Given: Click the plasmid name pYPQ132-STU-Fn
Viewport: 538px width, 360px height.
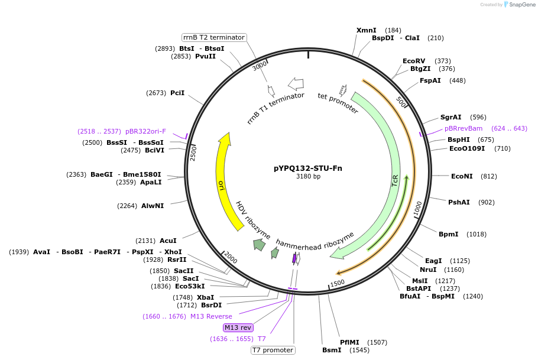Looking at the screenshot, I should click(x=307, y=168).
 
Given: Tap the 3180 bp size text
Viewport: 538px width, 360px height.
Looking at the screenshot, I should click(x=308, y=177).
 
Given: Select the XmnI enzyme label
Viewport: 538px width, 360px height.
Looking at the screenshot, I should click(x=366, y=30).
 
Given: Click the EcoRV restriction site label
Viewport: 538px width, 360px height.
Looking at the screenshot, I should click(x=414, y=61).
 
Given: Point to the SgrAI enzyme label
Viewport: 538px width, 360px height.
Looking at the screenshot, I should click(x=451, y=117).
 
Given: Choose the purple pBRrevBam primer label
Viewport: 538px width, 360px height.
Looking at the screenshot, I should click(x=464, y=128).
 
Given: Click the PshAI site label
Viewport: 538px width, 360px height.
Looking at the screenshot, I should click(x=459, y=202).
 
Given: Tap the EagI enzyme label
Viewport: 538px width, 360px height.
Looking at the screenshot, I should click(x=433, y=261).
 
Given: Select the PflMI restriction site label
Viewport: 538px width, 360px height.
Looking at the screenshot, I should click(x=349, y=342).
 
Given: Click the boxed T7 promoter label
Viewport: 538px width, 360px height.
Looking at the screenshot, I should click(x=273, y=350).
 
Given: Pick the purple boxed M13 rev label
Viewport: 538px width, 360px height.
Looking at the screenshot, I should click(x=238, y=327).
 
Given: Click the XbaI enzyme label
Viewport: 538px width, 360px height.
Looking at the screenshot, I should click(x=205, y=297).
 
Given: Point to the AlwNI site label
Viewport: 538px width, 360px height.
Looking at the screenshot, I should click(x=153, y=206).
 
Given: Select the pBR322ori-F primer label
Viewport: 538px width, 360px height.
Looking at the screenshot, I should click(x=145, y=131).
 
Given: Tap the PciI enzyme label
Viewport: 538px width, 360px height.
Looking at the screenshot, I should click(x=177, y=93).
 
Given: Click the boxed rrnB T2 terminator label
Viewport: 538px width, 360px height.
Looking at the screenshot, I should click(x=214, y=37).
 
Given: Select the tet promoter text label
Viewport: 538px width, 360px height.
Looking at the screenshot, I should click(x=338, y=103).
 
